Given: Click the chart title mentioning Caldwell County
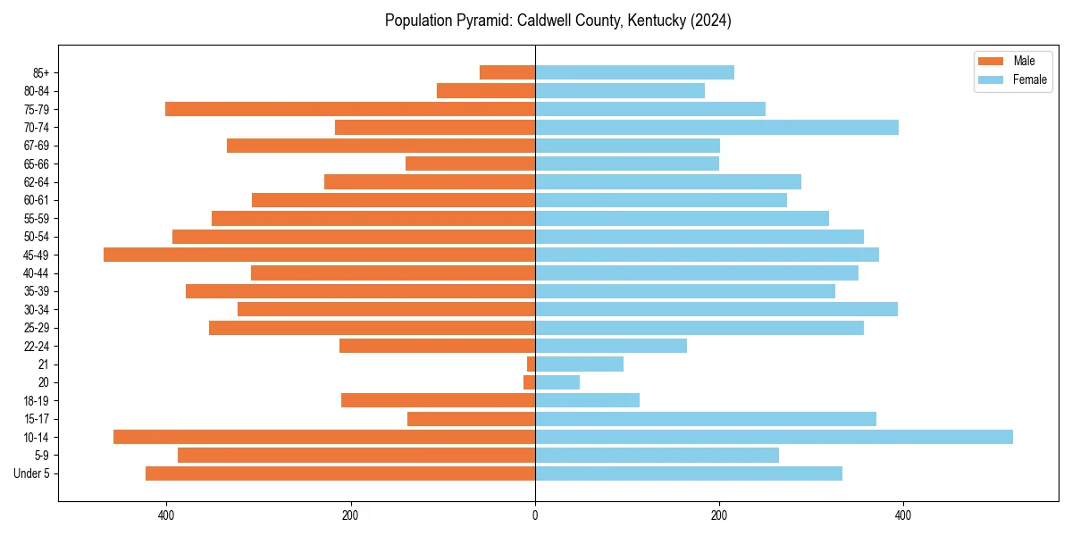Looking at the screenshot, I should pyautogui.click(x=557, y=21).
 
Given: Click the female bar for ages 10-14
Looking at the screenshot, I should pyautogui.click(x=774, y=437).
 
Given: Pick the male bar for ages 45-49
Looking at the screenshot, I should pyautogui.click(x=319, y=255).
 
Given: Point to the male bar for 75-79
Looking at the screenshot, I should pyautogui.click(x=350, y=109).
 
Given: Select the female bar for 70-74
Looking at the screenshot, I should pyautogui.click(x=716, y=128).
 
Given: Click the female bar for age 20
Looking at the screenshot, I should pyautogui.click(x=557, y=382).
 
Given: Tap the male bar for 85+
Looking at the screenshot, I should pyautogui.click(x=507, y=72).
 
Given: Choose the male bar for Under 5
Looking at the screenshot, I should pyautogui.click(x=340, y=473).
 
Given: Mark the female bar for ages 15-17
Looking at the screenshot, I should pyautogui.click(x=706, y=419).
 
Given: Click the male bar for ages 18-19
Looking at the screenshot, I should pyautogui.click(x=438, y=400).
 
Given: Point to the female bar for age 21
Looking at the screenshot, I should pyautogui.click(x=579, y=364).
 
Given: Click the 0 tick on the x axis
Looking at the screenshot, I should pyautogui.click(x=535, y=515).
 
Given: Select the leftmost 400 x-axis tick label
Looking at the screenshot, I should pyautogui.click(x=166, y=515).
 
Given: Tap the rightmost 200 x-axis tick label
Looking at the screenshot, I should pyautogui.click(x=719, y=515).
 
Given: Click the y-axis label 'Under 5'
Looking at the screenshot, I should pyautogui.click(x=32, y=473).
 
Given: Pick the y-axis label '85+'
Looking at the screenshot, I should pyautogui.click(x=39, y=72).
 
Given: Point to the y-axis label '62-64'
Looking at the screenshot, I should pyautogui.click(x=37, y=182).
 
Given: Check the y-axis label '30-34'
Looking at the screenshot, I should pyautogui.click(x=37, y=309).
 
